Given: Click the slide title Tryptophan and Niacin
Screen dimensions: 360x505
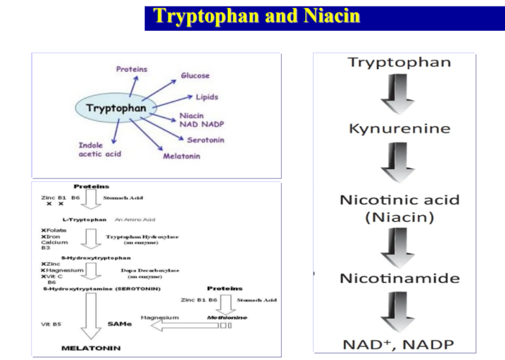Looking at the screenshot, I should click(257, 16).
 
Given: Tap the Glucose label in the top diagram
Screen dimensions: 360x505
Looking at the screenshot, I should click(195, 76).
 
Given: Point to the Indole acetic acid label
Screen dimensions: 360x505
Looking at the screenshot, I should click(99, 150).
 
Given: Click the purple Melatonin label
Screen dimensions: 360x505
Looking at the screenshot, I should click(182, 156).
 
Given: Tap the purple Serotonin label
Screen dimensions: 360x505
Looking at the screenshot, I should click(206, 140).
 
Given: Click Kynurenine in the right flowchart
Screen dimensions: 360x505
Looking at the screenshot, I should click(399, 128).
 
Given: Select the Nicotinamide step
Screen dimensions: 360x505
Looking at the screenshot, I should click(399, 278).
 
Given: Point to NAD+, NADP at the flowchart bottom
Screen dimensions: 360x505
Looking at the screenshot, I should click(399, 344).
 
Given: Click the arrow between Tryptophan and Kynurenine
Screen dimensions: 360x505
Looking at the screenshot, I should click(398, 95).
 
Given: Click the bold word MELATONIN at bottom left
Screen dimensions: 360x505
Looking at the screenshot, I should click(91, 348).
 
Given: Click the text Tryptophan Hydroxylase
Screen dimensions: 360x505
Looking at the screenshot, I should click(142, 237).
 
